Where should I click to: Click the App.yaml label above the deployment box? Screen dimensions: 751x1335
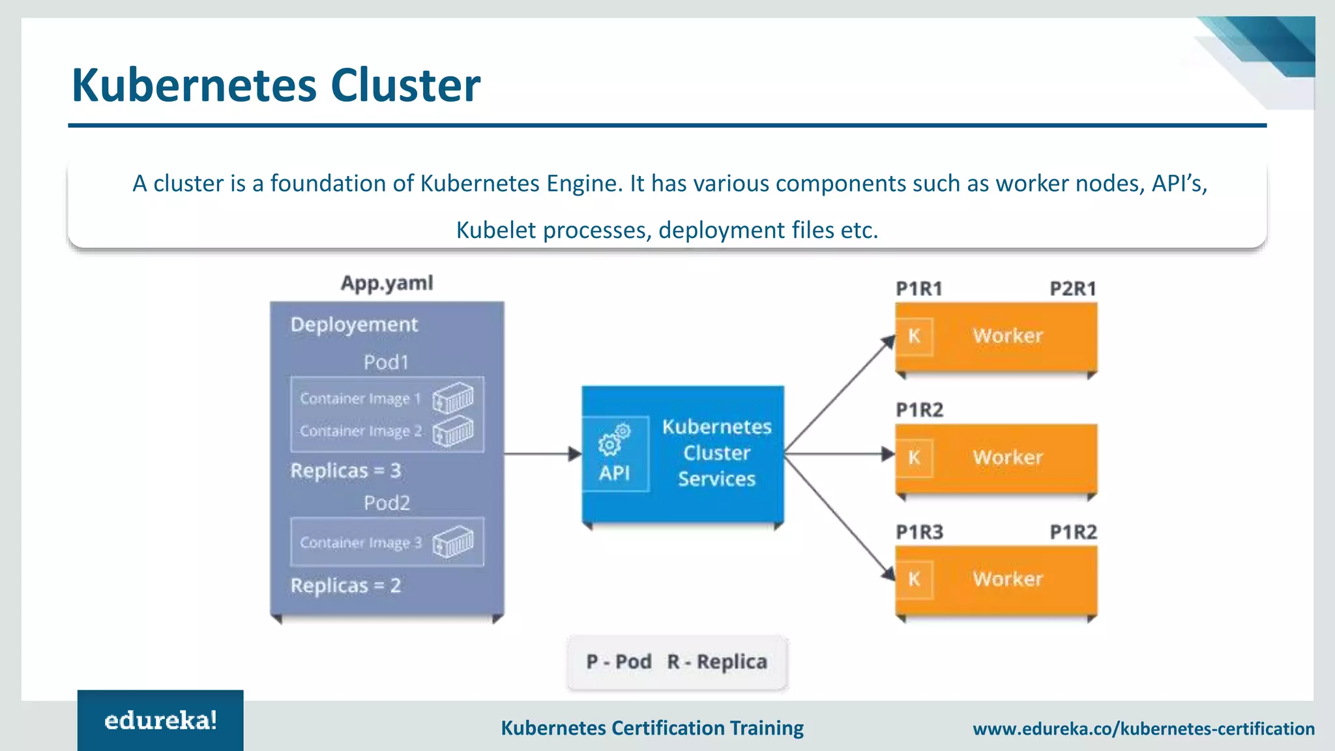click(x=387, y=283)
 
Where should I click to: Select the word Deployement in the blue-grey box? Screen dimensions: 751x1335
click(x=354, y=325)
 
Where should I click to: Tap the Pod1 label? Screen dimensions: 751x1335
click(x=386, y=362)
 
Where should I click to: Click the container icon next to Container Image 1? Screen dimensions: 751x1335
click(x=453, y=398)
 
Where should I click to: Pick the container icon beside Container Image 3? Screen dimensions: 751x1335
click(x=453, y=542)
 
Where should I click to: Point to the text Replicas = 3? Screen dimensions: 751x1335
click(x=345, y=471)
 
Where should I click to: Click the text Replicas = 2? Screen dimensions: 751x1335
click(x=345, y=585)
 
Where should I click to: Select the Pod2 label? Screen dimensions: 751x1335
click(x=387, y=503)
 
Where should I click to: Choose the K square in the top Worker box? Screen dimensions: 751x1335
click(x=915, y=336)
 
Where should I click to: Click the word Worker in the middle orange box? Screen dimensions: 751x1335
click(x=1008, y=458)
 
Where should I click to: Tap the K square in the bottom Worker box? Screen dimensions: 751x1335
click(x=915, y=579)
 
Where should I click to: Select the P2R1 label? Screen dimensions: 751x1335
click(x=1073, y=289)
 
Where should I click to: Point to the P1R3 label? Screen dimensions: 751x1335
click(x=919, y=532)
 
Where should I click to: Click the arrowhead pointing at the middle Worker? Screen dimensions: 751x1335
click(x=887, y=454)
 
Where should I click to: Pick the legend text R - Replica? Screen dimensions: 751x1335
click(x=717, y=662)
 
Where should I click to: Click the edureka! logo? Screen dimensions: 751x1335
click(x=160, y=720)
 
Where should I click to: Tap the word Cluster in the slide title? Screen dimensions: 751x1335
click(x=405, y=85)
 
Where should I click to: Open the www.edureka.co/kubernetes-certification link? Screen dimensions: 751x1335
click(x=1143, y=729)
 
